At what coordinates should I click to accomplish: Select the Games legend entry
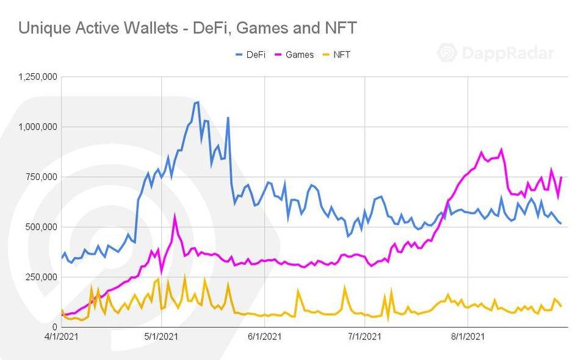[294, 55]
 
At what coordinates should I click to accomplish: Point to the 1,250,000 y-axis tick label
[38, 77]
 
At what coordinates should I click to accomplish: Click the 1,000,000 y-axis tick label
[38, 127]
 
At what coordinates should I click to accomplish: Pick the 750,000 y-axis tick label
[42, 177]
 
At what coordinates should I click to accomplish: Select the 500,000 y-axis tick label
[42, 227]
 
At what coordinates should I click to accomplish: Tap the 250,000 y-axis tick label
[42, 277]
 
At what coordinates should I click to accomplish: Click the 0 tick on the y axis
[55, 327]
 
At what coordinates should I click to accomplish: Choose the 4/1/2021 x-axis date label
[60, 336]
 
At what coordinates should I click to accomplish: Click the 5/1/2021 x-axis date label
[161, 336]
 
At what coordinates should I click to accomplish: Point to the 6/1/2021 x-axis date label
[265, 336]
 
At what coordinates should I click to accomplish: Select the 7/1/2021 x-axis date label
[365, 336]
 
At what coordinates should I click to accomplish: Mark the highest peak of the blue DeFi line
[197, 102]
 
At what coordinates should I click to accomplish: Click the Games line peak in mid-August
[502, 149]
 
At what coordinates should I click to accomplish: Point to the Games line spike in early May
[175, 215]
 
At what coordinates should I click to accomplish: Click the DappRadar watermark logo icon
[447, 52]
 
